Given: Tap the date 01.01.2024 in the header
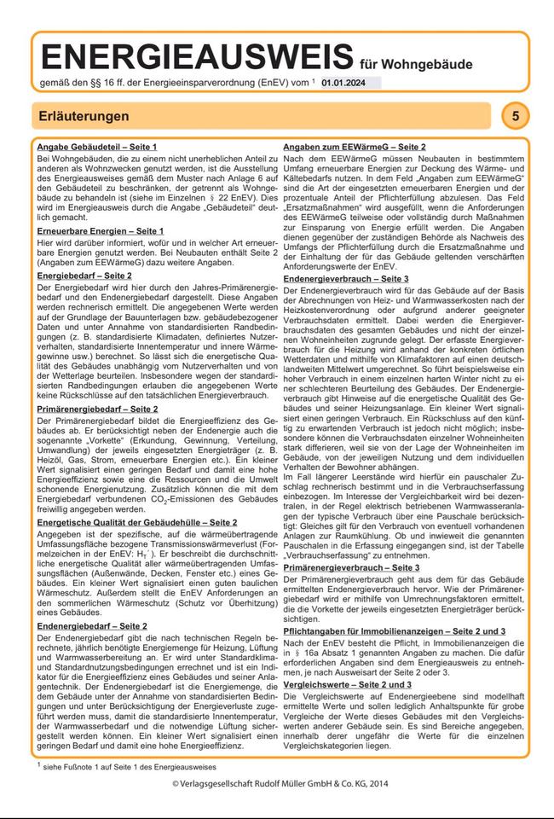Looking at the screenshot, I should [344, 82].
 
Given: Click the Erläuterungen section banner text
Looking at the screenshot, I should [84, 115].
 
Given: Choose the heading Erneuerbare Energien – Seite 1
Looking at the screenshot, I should [100, 231].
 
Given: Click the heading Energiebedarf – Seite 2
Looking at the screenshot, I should [84, 276].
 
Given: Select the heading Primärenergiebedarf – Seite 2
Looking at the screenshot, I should [97, 409].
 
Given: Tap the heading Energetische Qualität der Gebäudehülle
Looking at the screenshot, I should [136, 521].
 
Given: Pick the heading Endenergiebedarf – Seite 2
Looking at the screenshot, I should [92, 626].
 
